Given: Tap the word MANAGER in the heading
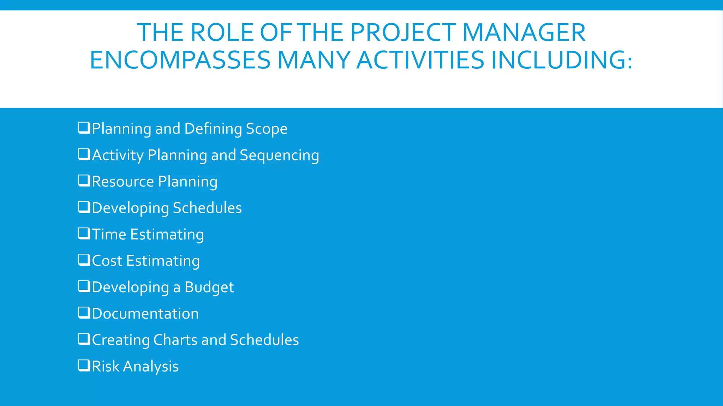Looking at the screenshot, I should click(524, 33).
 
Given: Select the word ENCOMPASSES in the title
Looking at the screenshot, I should click(180, 60).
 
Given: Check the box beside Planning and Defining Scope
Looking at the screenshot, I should click(84, 128).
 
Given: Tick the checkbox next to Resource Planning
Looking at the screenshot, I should click(84, 180).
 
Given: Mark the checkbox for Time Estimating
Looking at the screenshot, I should click(84, 233).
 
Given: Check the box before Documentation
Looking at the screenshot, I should click(84, 313).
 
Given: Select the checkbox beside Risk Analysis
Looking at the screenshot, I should click(84, 365).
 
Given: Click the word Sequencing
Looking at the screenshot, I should click(279, 155).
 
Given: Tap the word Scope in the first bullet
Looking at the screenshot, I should click(267, 129).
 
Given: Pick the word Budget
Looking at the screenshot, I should click(209, 288).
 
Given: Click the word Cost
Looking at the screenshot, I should click(107, 261).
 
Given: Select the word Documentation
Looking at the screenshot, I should click(145, 314).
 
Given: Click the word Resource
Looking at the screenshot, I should click(123, 182).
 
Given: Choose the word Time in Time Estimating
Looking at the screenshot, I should click(109, 234).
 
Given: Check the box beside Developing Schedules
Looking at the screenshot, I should click(84, 207).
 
